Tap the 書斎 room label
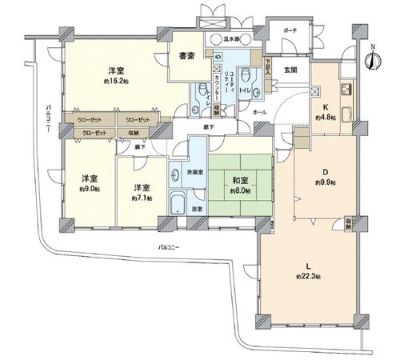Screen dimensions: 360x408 (187, 56)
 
